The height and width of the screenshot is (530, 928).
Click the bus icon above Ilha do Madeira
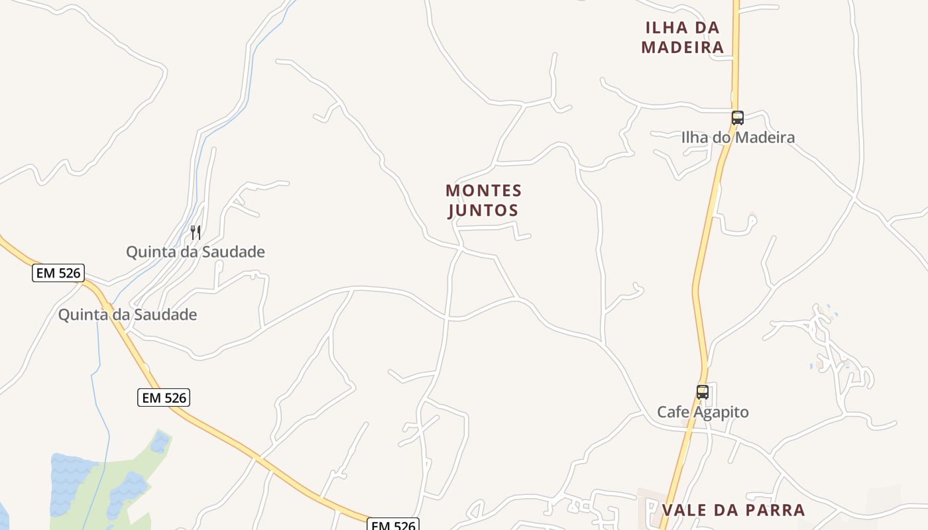tap(737, 118)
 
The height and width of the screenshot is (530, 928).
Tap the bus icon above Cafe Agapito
tap(703, 392)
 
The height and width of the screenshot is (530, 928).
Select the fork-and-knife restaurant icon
tap(196, 232)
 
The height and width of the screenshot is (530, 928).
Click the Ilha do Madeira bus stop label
tap(738, 138)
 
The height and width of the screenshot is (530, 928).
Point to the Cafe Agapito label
tap(703, 412)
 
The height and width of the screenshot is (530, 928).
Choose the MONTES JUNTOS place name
tap(483, 201)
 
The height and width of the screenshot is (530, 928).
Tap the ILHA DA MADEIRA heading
tap(683, 38)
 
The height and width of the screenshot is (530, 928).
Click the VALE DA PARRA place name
tap(733, 510)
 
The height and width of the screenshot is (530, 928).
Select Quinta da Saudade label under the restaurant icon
tap(196, 252)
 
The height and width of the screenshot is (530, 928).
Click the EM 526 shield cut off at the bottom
tap(394, 525)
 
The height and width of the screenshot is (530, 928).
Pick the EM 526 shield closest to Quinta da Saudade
tap(58, 272)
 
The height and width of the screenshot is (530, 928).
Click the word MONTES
tap(484, 191)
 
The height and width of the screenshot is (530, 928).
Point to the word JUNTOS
tap(483, 211)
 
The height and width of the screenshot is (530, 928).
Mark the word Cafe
tap(672, 412)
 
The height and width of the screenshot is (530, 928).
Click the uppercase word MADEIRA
tap(683, 48)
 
